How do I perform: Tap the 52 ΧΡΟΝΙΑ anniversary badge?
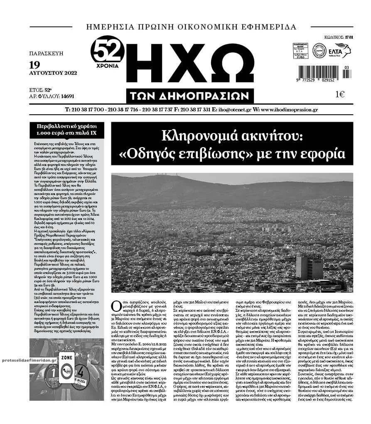point(108,52)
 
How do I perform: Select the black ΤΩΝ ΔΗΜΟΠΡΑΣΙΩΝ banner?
point(190,96)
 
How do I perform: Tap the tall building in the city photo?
point(309,267)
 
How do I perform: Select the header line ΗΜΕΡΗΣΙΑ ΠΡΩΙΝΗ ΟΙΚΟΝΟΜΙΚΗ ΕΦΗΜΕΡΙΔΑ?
point(191,27)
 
